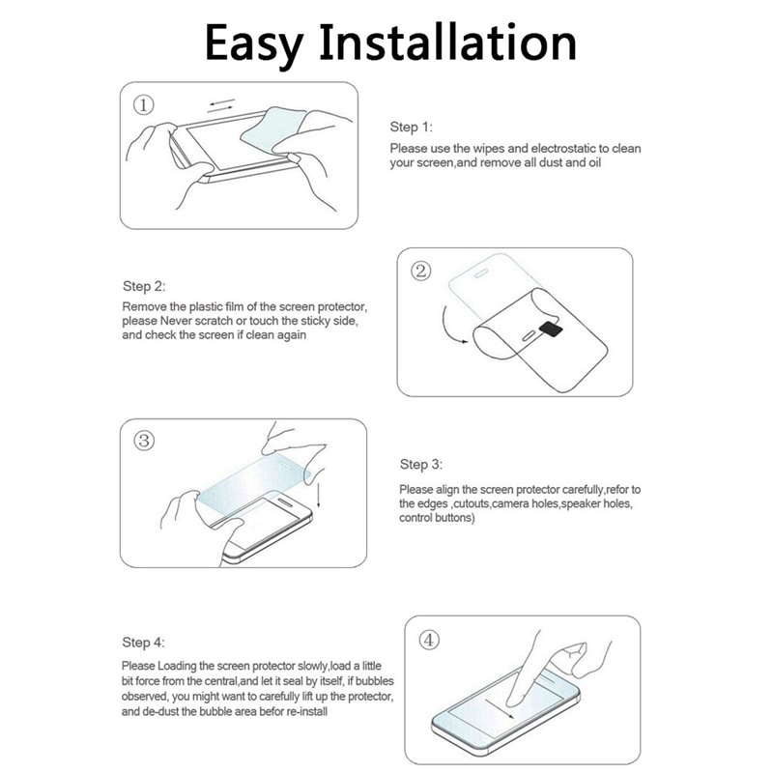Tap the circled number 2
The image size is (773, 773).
(421, 271)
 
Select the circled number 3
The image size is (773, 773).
(144, 441)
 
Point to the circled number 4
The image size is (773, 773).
(429, 639)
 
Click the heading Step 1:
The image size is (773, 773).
(411, 127)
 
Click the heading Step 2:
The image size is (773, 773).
(143, 286)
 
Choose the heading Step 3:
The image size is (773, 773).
(420, 465)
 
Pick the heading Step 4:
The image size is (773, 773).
(143, 643)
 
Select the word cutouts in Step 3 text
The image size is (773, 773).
(471, 504)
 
